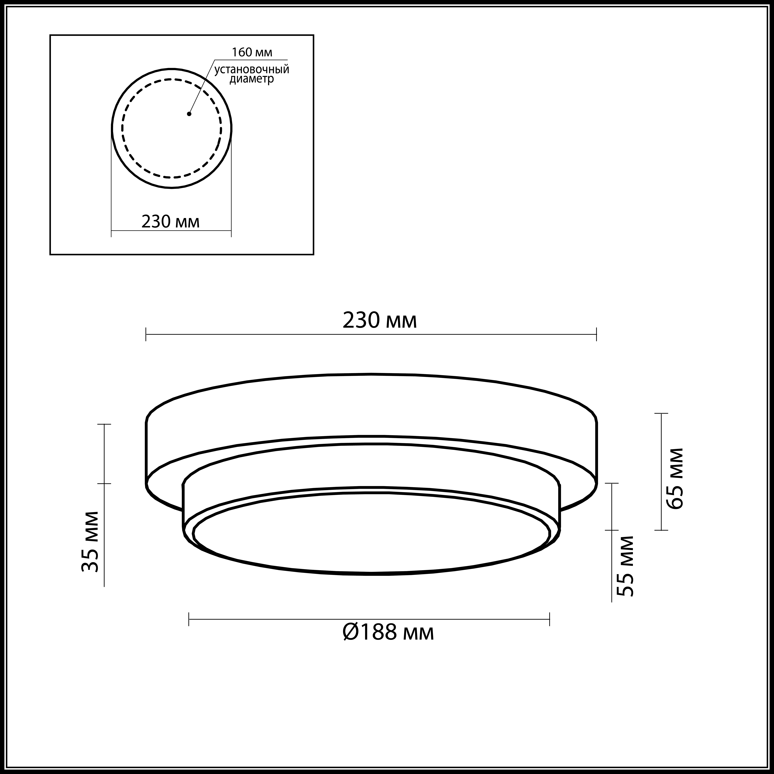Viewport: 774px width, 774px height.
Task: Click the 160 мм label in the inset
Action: [x=252, y=53]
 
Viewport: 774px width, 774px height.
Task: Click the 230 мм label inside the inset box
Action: [x=170, y=221]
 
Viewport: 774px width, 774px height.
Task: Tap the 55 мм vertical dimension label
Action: [x=625, y=566]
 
